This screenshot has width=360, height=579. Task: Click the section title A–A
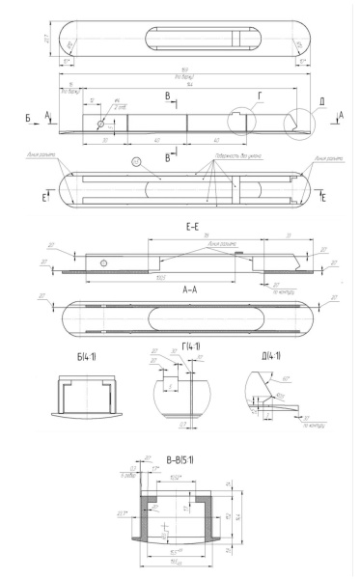(x=187, y=289)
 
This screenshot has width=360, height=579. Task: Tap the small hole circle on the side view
(x=99, y=124)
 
